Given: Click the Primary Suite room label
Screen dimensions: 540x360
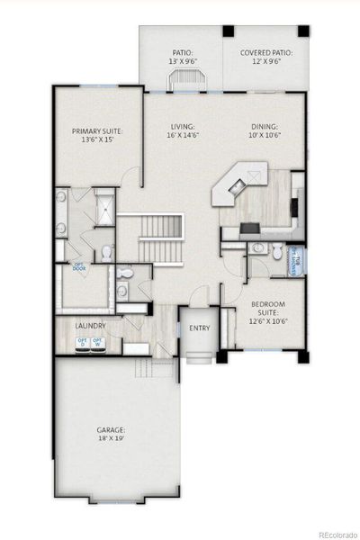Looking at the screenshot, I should (96, 136).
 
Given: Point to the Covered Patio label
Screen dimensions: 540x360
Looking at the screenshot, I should (266, 58).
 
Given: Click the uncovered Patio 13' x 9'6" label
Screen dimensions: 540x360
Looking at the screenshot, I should (183, 58).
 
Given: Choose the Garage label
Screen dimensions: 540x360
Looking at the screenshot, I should (112, 435).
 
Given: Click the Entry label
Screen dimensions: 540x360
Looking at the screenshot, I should (199, 328).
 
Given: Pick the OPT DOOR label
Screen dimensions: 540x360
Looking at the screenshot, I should (79, 266).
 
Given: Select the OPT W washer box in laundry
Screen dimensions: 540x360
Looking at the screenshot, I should (97, 342).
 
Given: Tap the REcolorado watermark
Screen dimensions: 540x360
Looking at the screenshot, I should (332, 533).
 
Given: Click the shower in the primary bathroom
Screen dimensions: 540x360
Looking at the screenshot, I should (105, 209).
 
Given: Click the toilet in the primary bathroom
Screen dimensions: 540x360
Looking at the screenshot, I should (105, 252).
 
